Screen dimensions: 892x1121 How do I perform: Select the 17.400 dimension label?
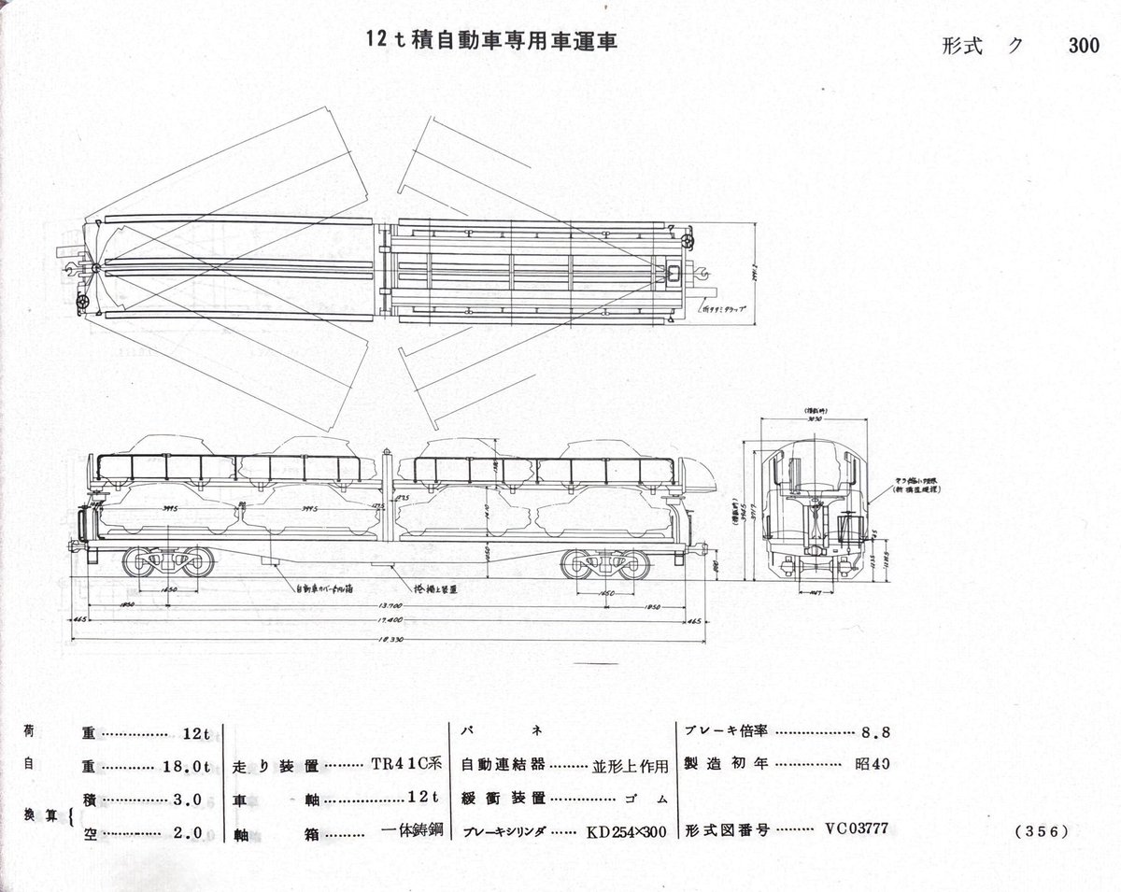386,620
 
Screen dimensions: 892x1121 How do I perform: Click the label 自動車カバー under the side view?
323,589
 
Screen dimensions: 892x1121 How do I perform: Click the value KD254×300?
626,830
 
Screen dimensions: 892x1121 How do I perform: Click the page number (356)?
1040,830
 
